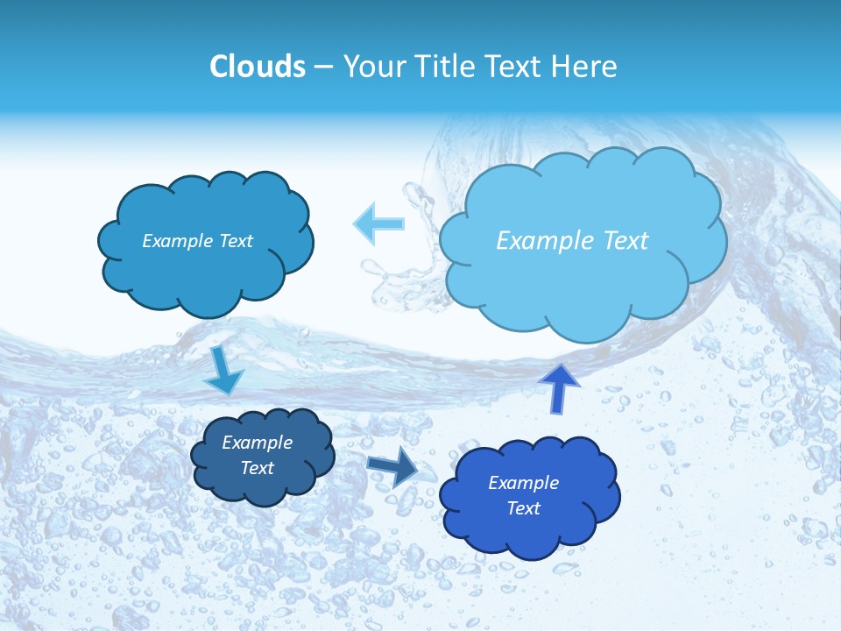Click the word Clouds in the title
point(257,67)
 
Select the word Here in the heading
point(587,67)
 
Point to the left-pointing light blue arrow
point(378,223)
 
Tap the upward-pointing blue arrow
point(560,388)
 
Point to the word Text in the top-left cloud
point(236,241)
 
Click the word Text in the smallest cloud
point(258,468)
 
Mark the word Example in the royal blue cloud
point(523,483)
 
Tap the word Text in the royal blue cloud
point(523,508)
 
